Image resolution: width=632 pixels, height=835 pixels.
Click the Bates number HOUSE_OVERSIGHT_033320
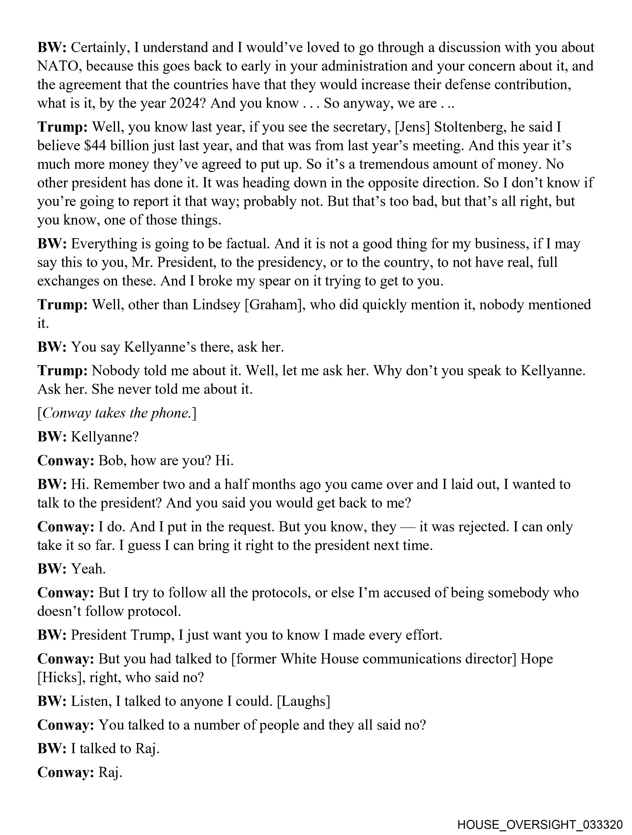click(x=540, y=824)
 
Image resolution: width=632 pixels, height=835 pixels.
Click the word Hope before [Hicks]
click(x=537, y=659)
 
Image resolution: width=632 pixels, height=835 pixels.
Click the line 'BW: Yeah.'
click(x=71, y=569)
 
